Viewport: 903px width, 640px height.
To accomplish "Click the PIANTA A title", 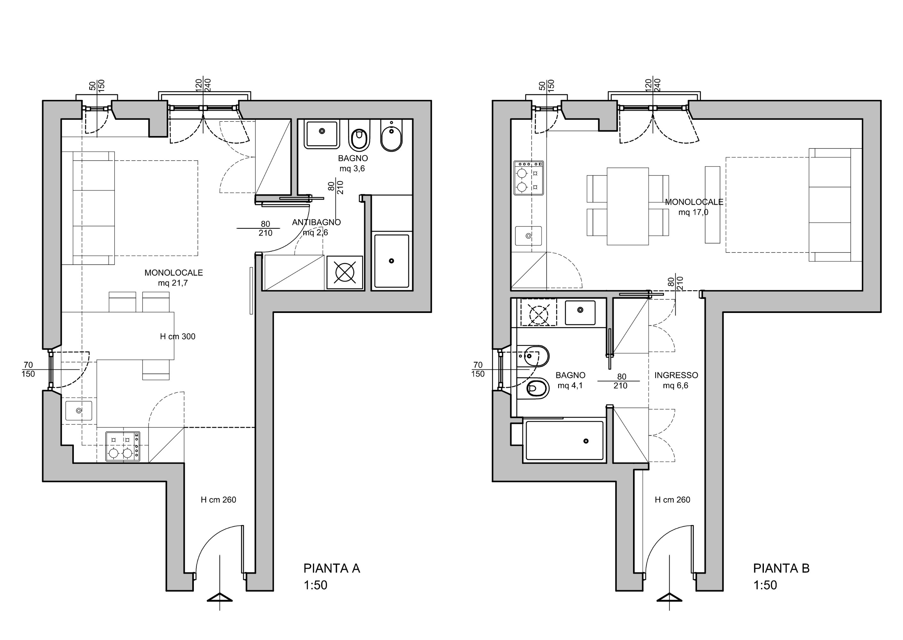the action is (x=331, y=568).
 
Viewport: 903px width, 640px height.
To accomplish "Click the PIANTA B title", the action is (x=781, y=568).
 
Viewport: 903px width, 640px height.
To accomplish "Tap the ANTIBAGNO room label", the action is (x=316, y=222).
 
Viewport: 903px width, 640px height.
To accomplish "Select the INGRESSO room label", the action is (x=676, y=375).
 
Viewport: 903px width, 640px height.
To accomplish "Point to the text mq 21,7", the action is (x=172, y=283).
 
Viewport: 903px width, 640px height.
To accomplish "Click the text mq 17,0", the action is (x=693, y=212).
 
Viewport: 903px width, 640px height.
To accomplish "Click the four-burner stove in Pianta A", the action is (x=123, y=446).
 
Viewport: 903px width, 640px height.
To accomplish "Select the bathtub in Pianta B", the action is (x=564, y=441).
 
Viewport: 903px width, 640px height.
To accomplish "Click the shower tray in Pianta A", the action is (x=392, y=261).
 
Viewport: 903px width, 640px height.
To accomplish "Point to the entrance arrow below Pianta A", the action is (x=220, y=598).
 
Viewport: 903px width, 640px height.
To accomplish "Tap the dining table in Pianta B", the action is (x=628, y=206).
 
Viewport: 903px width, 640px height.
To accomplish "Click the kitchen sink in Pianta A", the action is (x=79, y=410).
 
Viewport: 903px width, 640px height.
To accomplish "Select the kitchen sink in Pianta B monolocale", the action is (x=528, y=236).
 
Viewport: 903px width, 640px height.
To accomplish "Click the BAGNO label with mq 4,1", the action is (x=570, y=380).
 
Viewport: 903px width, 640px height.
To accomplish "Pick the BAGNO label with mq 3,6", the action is (x=352, y=164).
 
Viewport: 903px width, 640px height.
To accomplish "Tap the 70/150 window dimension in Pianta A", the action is (x=28, y=369).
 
